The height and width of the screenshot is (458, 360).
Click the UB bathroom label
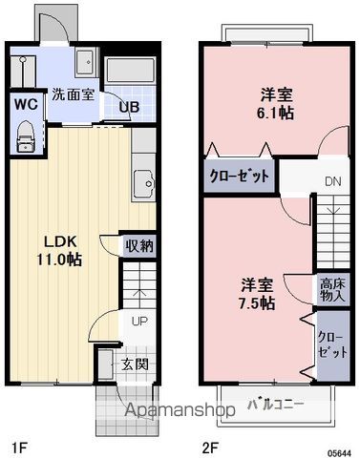tap(129, 107)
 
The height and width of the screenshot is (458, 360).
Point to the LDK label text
tap(52, 240)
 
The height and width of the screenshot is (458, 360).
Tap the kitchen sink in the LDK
tap(145, 179)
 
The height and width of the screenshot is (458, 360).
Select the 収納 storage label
tap(139, 245)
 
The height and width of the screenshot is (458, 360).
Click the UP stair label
tap(139, 321)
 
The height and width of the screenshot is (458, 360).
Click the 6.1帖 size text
tap(277, 113)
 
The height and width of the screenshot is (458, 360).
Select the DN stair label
tap(332, 181)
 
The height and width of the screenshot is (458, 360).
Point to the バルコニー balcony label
tap(276, 404)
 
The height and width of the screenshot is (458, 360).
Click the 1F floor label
tap(17, 446)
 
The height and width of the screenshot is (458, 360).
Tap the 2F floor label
tap(211, 446)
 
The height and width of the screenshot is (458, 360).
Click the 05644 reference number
tap(341, 451)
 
